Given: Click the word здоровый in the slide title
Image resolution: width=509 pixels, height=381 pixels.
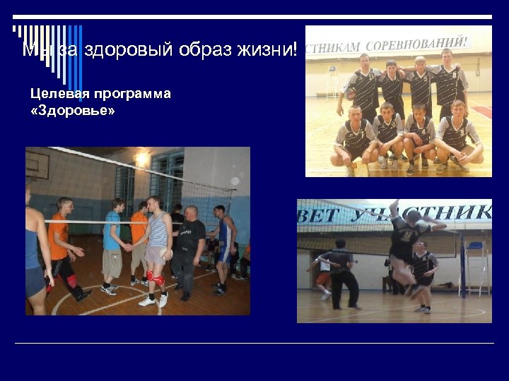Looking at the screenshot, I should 105,49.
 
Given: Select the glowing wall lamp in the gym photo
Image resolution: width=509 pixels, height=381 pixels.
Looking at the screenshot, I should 142,159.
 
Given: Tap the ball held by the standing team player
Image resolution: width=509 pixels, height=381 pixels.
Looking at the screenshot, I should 349,94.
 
